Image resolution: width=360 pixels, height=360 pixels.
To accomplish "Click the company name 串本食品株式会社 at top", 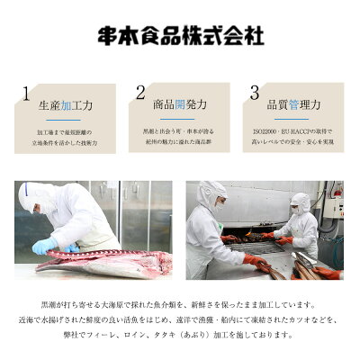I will pos(180,38).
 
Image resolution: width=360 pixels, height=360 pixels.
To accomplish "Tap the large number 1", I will pos(27,94).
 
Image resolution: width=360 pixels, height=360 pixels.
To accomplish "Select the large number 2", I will pos(140,94).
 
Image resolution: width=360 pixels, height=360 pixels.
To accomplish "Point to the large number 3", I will pos(255,94).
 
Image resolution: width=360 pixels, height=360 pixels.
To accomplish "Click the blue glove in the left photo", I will pos(45,246).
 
